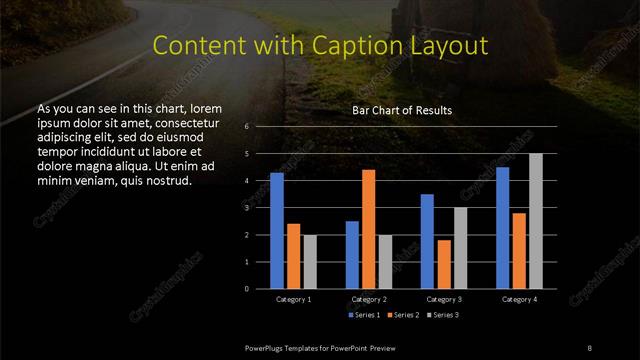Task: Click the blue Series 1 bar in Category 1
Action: [x=277, y=230]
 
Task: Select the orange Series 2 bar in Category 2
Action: [x=369, y=229]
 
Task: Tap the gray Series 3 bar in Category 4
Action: [x=536, y=221]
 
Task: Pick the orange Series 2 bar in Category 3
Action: [x=444, y=264]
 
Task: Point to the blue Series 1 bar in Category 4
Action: [x=503, y=227]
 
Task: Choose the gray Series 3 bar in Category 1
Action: [x=310, y=261]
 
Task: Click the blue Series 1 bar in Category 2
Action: [x=352, y=254]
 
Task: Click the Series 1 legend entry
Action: [x=364, y=316]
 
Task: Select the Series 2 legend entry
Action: [x=402, y=316]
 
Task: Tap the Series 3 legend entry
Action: [x=440, y=316]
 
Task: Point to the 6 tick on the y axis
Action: [x=246, y=127]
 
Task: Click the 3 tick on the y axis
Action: [x=246, y=208]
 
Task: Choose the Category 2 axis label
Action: [x=369, y=299]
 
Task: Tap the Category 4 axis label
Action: [x=519, y=299]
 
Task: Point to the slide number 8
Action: [x=589, y=346]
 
